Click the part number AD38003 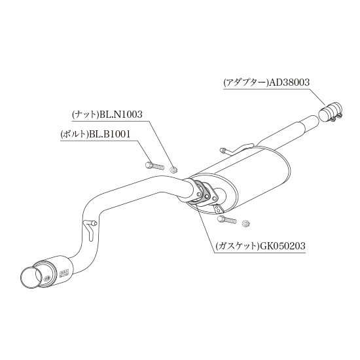click(x=289, y=82)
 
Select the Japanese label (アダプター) click(x=246, y=82)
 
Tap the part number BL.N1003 click(x=121, y=114)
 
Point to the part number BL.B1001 click(x=109, y=134)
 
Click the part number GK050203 click(x=282, y=246)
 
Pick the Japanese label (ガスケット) click(x=238, y=246)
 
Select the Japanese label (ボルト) click(x=75, y=134)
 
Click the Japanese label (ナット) click(x=85, y=115)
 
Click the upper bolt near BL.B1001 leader click(x=155, y=166)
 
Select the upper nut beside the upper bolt click(x=173, y=170)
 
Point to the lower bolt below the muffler click(x=226, y=219)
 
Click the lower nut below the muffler click(x=246, y=223)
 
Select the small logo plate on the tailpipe click(x=63, y=273)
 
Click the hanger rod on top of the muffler click(x=236, y=149)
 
